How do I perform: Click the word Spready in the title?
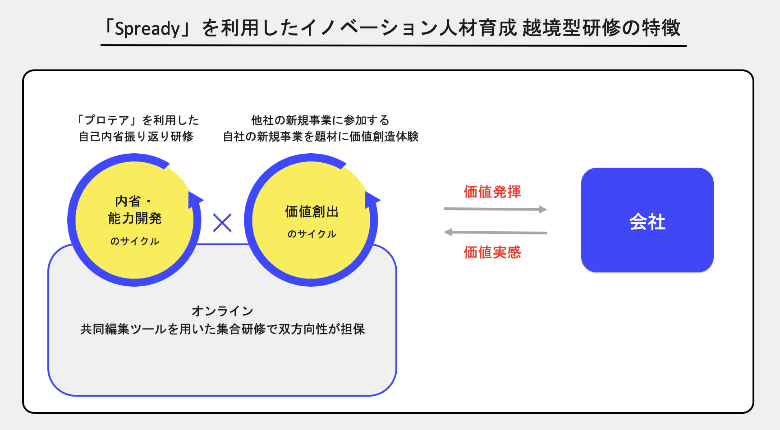(x=147, y=28)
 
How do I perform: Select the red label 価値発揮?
(x=492, y=192)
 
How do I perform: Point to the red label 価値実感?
(x=492, y=252)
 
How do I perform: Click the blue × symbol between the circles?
(x=222, y=223)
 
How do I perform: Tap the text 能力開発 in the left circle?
(x=135, y=219)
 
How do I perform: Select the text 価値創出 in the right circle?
(x=312, y=211)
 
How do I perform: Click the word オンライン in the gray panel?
(x=222, y=311)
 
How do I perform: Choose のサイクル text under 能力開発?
(x=135, y=241)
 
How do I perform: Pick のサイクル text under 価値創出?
(x=312, y=234)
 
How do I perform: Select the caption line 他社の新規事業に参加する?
(x=320, y=120)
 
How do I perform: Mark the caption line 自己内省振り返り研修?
(x=136, y=137)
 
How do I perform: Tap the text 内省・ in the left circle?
(x=133, y=201)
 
